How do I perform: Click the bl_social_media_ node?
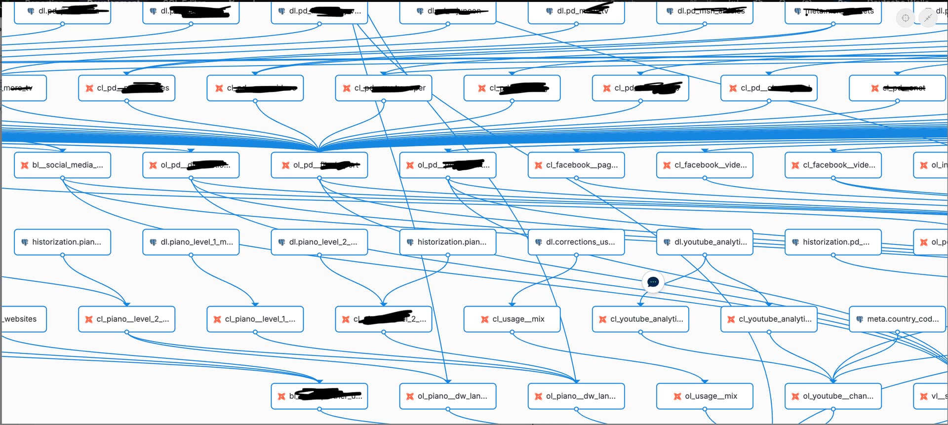tap(63, 165)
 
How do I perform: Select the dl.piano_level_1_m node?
tap(191, 242)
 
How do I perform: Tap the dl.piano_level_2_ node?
tap(319, 242)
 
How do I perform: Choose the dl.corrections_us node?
tap(576, 242)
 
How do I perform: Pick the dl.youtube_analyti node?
tap(705, 242)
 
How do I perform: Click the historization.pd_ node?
tap(833, 242)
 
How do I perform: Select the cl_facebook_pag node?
tap(576, 165)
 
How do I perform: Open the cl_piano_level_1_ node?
tap(255, 319)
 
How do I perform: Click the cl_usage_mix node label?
tap(518, 319)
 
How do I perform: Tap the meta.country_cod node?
tap(897, 319)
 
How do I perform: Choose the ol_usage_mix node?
tap(705, 396)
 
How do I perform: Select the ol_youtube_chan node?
tap(833, 396)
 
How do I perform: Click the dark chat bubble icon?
tap(653, 282)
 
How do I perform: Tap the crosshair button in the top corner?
tap(905, 18)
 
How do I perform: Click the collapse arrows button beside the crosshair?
tap(928, 18)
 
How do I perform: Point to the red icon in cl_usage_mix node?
tap(484, 319)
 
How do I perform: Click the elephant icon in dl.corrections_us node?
tap(539, 242)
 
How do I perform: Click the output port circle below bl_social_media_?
tap(63, 178)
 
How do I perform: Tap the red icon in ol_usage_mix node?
tap(677, 396)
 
